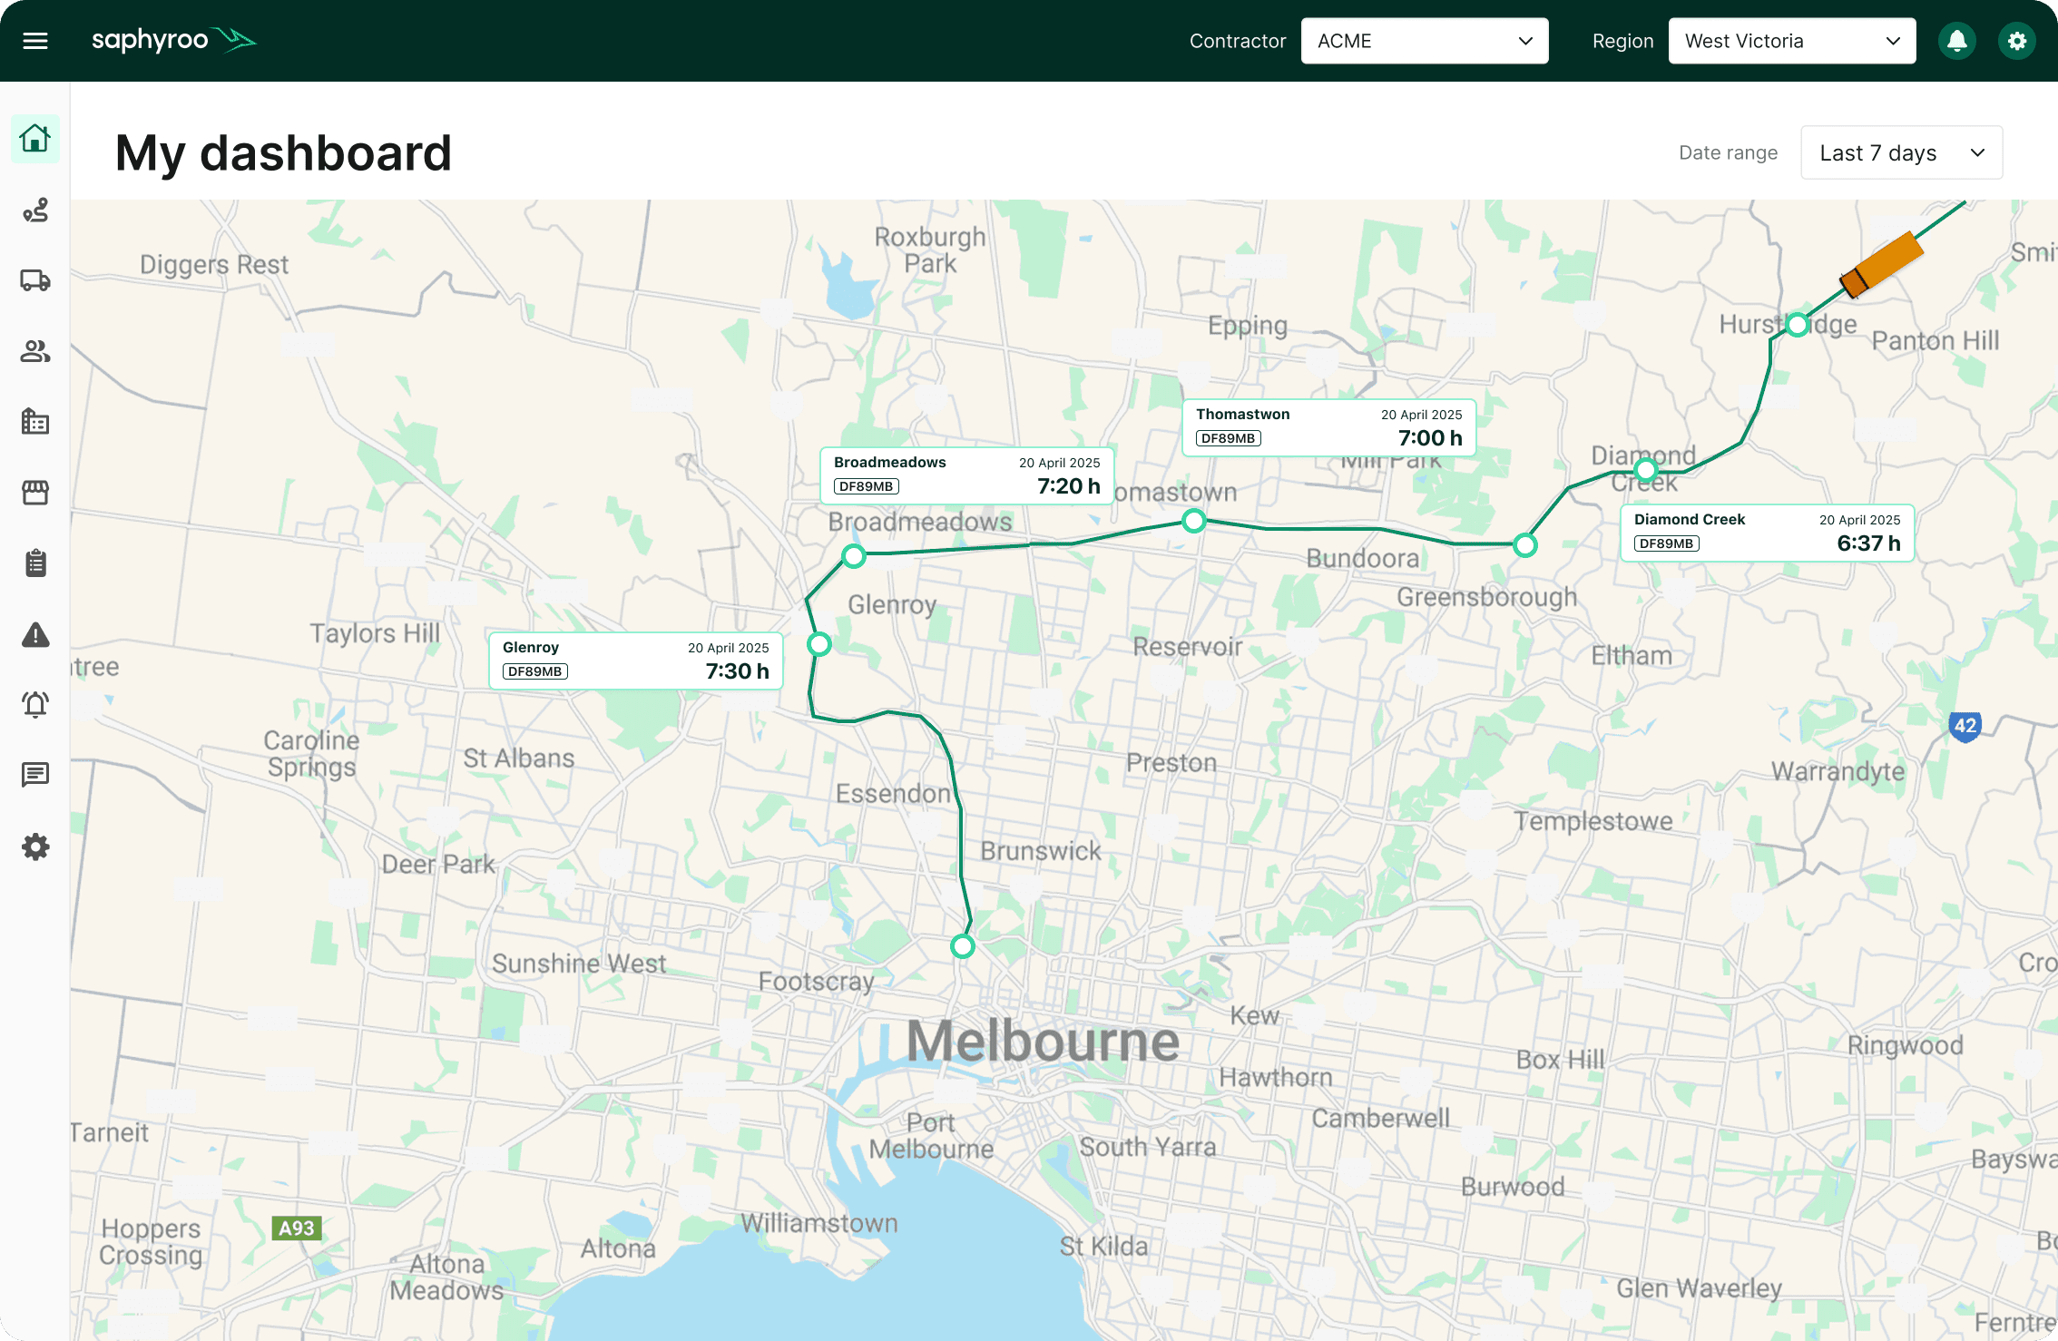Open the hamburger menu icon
pyautogui.click(x=35, y=41)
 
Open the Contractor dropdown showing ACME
pyautogui.click(x=1424, y=41)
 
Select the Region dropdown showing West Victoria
pyautogui.click(x=1791, y=41)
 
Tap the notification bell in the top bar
pyautogui.click(x=1956, y=41)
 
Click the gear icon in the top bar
pyautogui.click(x=2016, y=41)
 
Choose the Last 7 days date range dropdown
pyautogui.click(x=1901, y=152)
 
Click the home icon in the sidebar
pyautogui.click(x=35, y=139)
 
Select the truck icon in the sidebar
pyautogui.click(x=35, y=280)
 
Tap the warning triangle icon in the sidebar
pyautogui.click(x=35, y=635)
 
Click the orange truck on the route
pyautogui.click(x=1881, y=264)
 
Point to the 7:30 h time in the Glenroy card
pyautogui.click(x=737, y=671)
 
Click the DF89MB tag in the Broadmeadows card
pyautogui.click(x=866, y=486)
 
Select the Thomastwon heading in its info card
pyautogui.click(x=1242, y=415)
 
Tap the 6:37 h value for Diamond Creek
pyautogui.click(x=1868, y=543)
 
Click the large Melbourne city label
pyautogui.click(x=1043, y=1041)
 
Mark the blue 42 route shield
pyautogui.click(x=1965, y=726)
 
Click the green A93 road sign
pyautogui.click(x=296, y=1228)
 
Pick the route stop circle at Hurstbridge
pyautogui.click(x=1797, y=325)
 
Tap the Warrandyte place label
pyautogui.click(x=1837, y=771)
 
